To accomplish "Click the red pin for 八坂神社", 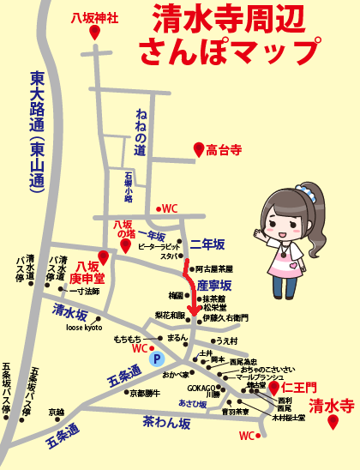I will [x=94, y=33].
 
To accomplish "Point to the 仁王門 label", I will [x=299, y=389].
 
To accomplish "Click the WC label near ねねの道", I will [x=170, y=208].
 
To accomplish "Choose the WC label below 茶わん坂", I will [x=246, y=436].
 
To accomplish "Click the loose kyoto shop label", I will [x=84, y=328].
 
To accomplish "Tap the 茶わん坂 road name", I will [x=167, y=422].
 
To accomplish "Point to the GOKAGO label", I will [x=202, y=387].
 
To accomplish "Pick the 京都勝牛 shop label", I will [x=144, y=393].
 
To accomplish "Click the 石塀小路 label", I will [x=128, y=190].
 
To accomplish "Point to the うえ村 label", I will [x=226, y=340].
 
